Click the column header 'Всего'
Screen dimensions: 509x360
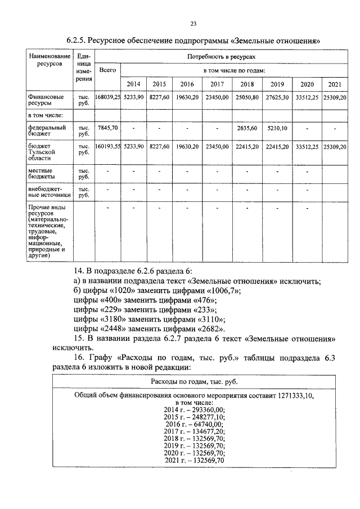107,70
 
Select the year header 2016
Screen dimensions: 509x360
186,84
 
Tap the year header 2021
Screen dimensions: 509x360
335,84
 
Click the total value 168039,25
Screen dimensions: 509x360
107,97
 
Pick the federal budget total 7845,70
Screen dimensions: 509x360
107,128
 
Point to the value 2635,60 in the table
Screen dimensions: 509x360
247,128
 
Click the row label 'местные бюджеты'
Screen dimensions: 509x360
40,173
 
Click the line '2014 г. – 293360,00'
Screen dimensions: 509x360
200,410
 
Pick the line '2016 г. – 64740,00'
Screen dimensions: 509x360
200,424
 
